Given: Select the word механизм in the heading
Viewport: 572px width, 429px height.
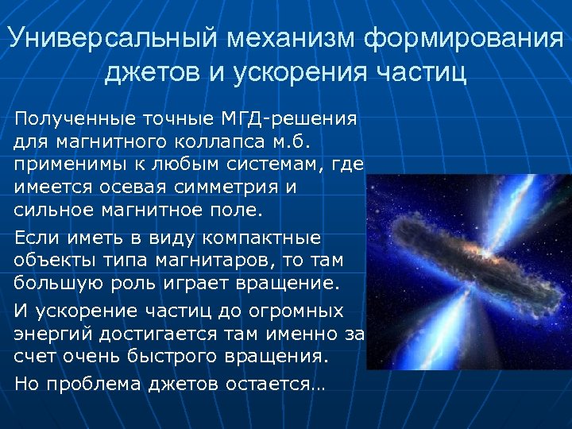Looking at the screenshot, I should click(271, 39).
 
